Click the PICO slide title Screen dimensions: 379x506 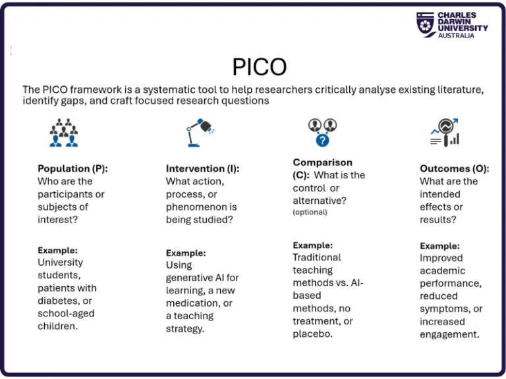(x=260, y=66)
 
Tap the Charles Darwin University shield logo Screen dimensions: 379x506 (x=425, y=24)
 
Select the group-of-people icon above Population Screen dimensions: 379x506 (x=63, y=132)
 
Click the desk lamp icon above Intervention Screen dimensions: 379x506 (x=198, y=132)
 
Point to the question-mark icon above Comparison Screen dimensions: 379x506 (x=322, y=132)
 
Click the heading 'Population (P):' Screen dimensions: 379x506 (x=72, y=168)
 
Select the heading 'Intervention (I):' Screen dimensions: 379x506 (x=202, y=168)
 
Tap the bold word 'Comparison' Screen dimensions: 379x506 (x=322, y=162)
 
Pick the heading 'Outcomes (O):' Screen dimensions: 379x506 (x=454, y=168)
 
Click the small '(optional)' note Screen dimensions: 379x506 (x=310, y=213)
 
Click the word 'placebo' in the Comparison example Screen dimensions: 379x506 (x=312, y=334)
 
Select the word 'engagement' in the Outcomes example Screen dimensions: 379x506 (x=449, y=334)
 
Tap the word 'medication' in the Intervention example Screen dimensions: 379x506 (x=191, y=303)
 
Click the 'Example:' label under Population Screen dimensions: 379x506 (x=57, y=251)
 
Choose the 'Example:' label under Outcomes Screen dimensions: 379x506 (x=439, y=246)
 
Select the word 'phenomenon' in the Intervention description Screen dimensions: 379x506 (x=196, y=207)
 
